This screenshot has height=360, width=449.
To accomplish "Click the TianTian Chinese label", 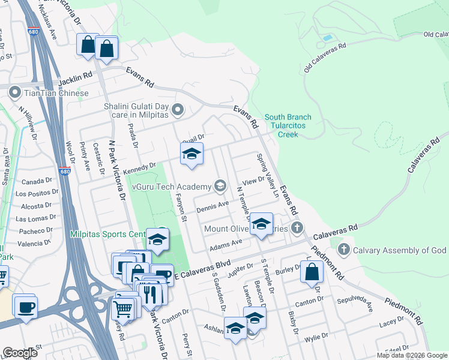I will pyautogui.click(x=56, y=93).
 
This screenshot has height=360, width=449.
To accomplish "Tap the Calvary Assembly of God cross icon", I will pyautogui.click(x=344, y=249).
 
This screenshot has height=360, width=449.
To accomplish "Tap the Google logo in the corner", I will pyautogui.click(x=19, y=353).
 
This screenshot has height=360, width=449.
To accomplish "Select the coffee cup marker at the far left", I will pyautogui.click(x=25, y=307).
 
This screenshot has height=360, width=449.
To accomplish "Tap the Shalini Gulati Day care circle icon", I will pyautogui.click(x=178, y=110).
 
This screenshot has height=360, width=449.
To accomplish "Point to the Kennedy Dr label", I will pyautogui.click(x=139, y=169).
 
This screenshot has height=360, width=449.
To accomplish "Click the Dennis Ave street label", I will pyautogui.click(x=212, y=206).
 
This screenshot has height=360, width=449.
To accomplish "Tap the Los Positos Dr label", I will pyautogui.click(x=37, y=193).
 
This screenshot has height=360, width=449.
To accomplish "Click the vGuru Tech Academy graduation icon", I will pyautogui.click(x=220, y=186).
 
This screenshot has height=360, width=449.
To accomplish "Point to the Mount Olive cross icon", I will pyautogui.click(x=297, y=227).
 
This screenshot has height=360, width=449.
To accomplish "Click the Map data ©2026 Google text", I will pyautogui.click(x=411, y=355).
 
